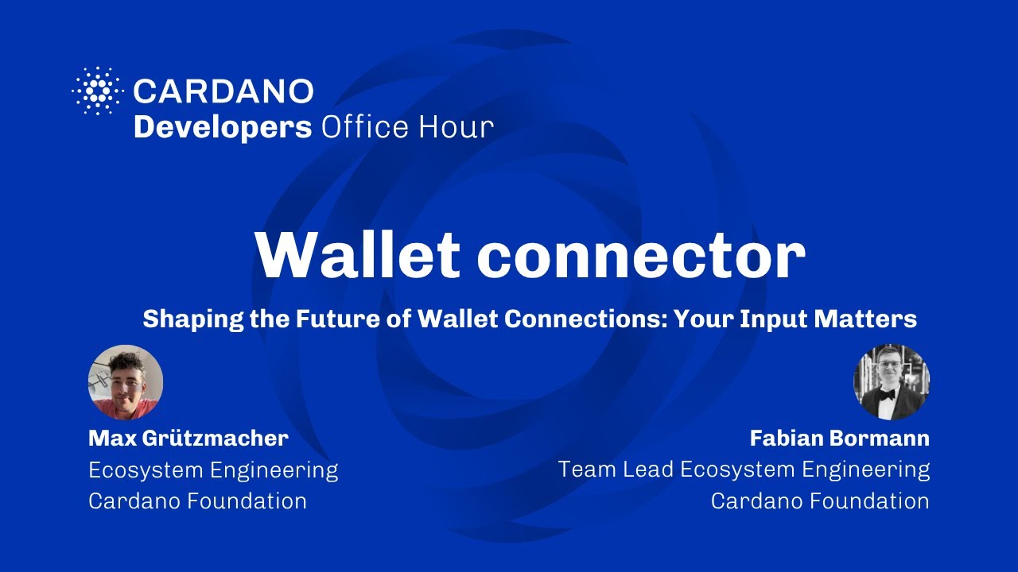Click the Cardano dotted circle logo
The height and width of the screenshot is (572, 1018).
pos(98,91)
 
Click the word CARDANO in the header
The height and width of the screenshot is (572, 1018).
pos(223,91)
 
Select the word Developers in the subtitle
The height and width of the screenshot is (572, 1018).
pos(223,127)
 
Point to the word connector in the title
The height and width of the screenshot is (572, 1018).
pos(640,255)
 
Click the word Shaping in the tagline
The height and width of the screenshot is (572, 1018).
pos(184,319)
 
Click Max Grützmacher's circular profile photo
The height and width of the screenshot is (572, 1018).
pos(126,382)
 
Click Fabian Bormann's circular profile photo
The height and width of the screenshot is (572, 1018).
pos(892,382)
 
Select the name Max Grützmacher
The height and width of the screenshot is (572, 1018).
pos(188,438)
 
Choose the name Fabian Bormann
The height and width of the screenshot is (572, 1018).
pos(839,438)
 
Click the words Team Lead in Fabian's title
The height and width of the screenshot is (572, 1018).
pos(616,470)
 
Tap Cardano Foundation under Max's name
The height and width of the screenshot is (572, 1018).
pos(197,501)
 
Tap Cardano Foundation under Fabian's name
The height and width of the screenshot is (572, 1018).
pos(820,501)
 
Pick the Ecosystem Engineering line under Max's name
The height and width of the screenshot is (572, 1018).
pos(213,470)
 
